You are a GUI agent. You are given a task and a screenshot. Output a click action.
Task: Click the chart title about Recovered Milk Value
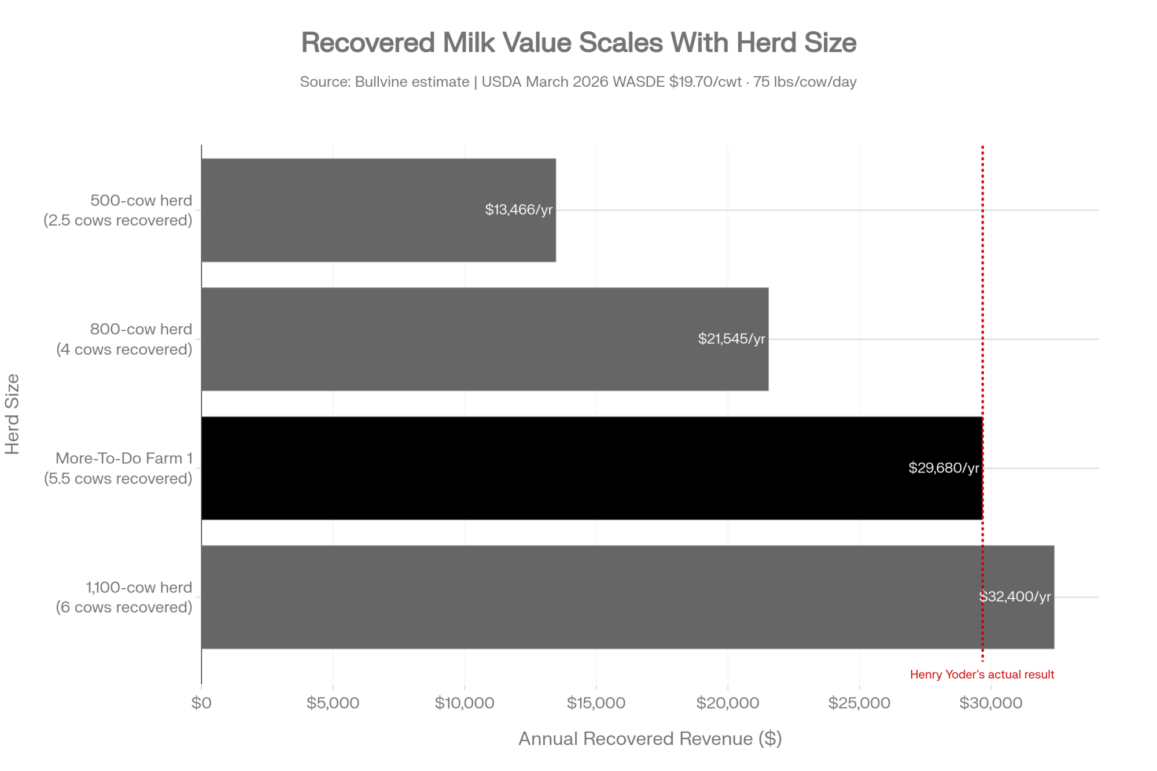click(x=578, y=43)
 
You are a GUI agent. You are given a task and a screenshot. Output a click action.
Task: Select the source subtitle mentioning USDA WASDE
click(x=578, y=82)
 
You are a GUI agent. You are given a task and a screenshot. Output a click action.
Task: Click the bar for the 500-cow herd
click(x=378, y=210)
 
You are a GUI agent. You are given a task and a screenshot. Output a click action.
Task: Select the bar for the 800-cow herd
click(x=485, y=339)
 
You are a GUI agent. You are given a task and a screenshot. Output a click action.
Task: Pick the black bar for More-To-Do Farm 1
click(x=592, y=468)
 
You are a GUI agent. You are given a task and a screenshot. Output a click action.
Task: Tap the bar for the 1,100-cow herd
click(x=628, y=597)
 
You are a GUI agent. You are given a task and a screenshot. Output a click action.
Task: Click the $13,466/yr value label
click(x=519, y=210)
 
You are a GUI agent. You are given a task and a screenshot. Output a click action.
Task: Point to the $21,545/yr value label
click(x=732, y=339)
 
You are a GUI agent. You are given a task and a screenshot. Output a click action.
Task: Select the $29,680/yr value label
click(x=944, y=468)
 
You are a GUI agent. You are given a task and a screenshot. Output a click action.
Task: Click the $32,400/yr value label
click(x=1015, y=597)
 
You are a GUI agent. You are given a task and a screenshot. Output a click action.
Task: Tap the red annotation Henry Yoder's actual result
click(x=982, y=674)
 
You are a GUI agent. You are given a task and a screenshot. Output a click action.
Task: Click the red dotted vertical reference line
click(x=982, y=403)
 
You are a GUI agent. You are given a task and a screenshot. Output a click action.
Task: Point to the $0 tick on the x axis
click(x=201, y=703)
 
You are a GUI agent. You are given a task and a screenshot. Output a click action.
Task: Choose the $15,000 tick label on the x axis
click(x=596, y=703)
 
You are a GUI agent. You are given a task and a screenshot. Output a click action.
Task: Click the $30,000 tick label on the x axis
click(x=991, y=703)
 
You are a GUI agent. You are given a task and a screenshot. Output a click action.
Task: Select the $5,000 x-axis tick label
click(x=333, y=703)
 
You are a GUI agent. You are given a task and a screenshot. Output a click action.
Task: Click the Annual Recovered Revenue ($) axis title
click(x=650, y=739)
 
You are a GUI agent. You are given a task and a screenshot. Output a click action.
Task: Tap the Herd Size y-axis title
click(x=12, y=414)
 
